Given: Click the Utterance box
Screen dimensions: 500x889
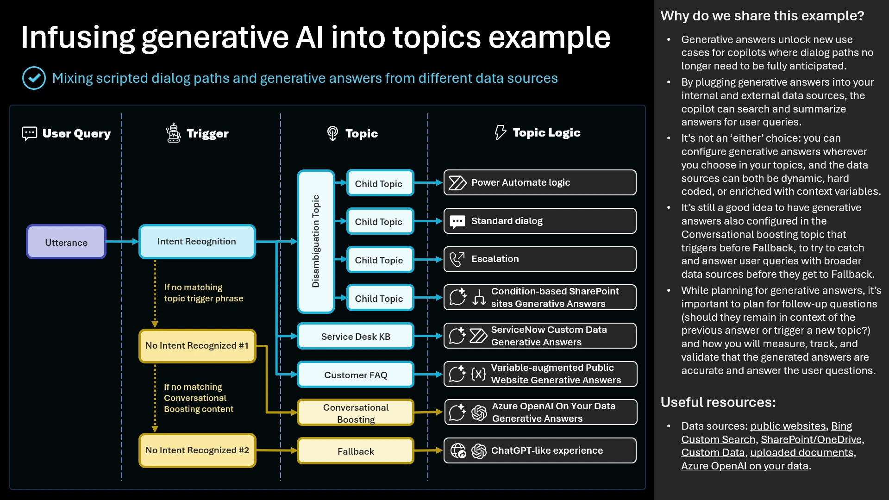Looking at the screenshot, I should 66,242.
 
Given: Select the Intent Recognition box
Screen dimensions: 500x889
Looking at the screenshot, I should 197,241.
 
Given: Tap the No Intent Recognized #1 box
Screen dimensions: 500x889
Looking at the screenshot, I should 197,346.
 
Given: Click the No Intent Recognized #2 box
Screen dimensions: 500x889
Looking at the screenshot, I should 197,450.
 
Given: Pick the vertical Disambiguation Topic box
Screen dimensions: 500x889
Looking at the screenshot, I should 316,241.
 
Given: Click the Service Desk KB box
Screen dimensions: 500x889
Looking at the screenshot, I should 356,337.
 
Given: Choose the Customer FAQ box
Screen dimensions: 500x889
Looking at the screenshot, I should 356,375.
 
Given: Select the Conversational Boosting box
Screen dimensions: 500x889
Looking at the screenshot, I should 356,413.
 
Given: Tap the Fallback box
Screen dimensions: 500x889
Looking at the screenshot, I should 356,451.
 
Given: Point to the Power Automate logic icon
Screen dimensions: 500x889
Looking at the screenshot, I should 457,183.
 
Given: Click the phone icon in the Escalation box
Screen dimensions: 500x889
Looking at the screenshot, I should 457,259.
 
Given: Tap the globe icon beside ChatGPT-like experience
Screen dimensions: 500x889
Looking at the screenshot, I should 458,450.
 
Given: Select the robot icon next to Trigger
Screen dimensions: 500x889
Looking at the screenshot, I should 174,133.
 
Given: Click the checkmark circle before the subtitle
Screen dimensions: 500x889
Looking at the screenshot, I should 34,78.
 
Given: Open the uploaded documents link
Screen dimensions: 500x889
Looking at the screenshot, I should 801,453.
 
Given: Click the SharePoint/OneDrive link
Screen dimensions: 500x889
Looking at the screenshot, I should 811,439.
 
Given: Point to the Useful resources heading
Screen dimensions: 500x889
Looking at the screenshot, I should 718,402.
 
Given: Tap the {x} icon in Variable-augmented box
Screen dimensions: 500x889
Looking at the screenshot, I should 478,374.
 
